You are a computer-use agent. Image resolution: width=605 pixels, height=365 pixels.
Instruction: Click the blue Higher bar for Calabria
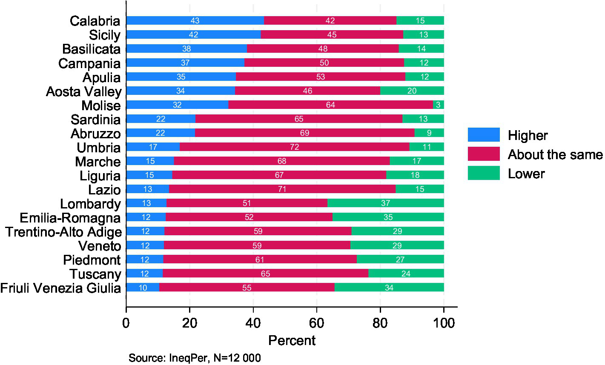coord(195,20)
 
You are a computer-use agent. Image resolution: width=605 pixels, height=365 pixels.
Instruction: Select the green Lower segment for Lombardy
coord(386,203)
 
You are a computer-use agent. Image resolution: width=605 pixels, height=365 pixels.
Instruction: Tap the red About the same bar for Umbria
coord(294,147)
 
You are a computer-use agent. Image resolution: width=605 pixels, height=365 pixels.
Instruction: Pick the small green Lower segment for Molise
coord(438,105)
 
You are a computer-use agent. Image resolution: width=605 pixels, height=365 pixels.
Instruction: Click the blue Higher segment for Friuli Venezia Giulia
coord(143,288)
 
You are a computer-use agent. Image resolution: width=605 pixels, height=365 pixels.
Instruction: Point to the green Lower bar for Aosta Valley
coord(412,91)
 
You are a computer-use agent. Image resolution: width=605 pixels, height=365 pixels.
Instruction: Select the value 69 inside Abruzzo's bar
coord(304,133)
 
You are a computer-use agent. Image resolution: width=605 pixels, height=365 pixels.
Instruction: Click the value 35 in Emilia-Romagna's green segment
coord(388,217)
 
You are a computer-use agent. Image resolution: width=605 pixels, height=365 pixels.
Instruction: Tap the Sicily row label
coord(105,35)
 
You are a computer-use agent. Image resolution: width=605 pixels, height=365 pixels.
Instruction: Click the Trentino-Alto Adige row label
coord(63,232)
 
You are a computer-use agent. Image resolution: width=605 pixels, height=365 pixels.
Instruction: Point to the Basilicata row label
coord(92,49)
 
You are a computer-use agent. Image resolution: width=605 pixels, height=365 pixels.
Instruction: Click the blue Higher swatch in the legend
coord(483,135)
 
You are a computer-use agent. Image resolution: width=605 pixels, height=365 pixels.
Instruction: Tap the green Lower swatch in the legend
coord(483,174)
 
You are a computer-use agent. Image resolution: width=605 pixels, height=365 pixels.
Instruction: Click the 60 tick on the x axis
coord(316,323)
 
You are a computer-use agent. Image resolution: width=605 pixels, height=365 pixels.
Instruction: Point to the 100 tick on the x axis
coord(443,323)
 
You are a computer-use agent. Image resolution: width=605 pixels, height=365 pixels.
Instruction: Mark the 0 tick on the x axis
coord(126,323)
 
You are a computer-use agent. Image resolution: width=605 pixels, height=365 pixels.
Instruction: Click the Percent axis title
coord(292,340)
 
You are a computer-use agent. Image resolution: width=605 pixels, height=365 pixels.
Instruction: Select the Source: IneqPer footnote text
coord(195,358)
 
